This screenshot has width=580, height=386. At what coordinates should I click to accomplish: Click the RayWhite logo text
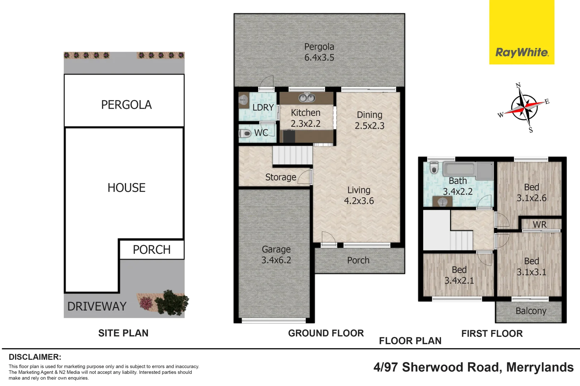(x=522, y=53)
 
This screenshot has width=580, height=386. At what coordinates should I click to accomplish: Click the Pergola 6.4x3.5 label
(x=319, y=52)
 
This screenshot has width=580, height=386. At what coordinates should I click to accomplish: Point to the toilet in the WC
(x=246, y=134)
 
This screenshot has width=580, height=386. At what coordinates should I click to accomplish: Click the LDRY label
(x=263, y=108)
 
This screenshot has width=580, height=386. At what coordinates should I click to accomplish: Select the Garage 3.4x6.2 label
(x=276, y=254)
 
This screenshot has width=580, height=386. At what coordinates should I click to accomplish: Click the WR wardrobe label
(x=540, y=224)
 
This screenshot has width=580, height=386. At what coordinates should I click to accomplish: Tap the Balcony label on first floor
(x=531, y=311)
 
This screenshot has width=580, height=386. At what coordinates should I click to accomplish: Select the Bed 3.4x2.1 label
(x=459, y=275)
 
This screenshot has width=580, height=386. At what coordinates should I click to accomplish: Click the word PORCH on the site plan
(x=151, y=249)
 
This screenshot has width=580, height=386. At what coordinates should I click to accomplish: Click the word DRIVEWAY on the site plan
(x=97, y=306)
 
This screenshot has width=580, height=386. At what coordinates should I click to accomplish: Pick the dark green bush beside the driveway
(x=172, y=303)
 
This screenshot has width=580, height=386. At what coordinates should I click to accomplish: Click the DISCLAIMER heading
(x=35, y=357)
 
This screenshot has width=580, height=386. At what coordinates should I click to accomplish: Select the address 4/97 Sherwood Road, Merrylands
(x=473, y=367)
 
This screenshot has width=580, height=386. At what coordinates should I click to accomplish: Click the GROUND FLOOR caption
(x=326, y=333)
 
